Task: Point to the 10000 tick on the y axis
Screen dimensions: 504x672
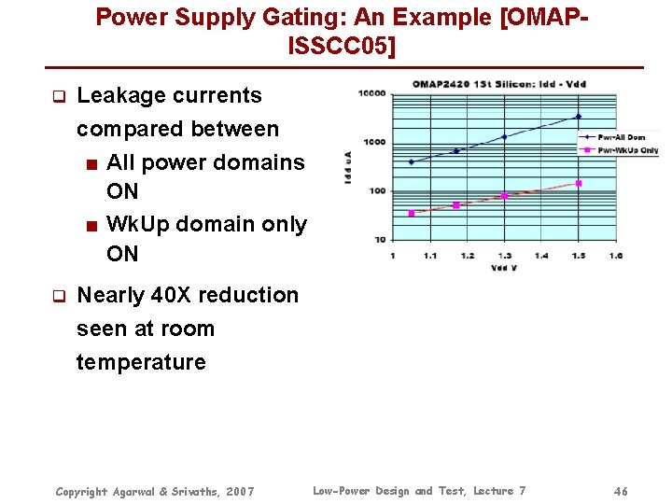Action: [x=375, y=93]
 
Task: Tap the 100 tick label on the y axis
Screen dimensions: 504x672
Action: [x=378, y=191]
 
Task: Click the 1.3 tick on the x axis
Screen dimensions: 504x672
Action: [x=504, y=255]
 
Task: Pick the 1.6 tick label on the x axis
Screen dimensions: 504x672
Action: [x=616, y=255]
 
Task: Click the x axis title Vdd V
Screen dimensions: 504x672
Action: [x=504, y=268]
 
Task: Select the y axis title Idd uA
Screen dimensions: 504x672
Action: [x=348, y=166]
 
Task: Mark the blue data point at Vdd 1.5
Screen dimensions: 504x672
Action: [x=579, y=117]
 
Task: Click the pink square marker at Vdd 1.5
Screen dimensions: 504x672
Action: [x=579, y=183]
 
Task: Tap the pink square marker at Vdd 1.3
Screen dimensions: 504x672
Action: [x=504, y=196]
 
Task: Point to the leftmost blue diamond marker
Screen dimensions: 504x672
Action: [x=412, y=162]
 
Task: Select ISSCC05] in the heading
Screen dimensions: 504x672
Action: [x=343, y=45]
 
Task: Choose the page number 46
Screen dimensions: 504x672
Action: [x=622, y=491]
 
